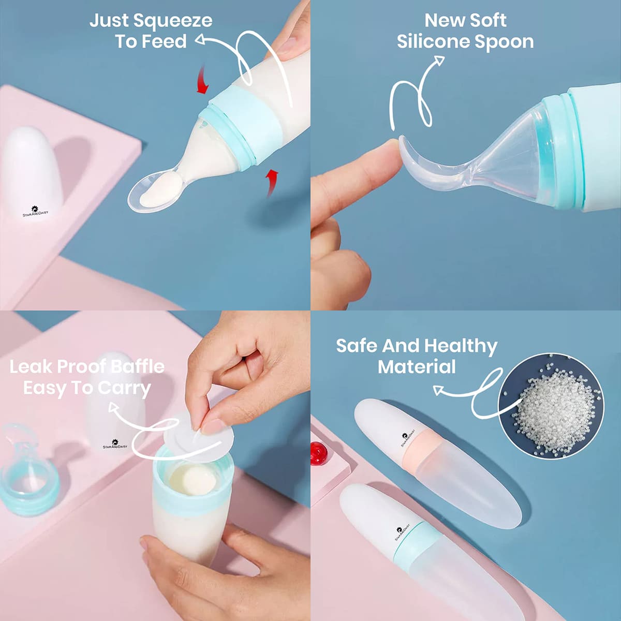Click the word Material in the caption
pos(417,367)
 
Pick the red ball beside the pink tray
pos(319,453)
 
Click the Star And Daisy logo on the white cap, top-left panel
pos(35,212)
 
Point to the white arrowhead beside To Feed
pos(200,39)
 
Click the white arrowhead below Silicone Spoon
pos(439,60)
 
